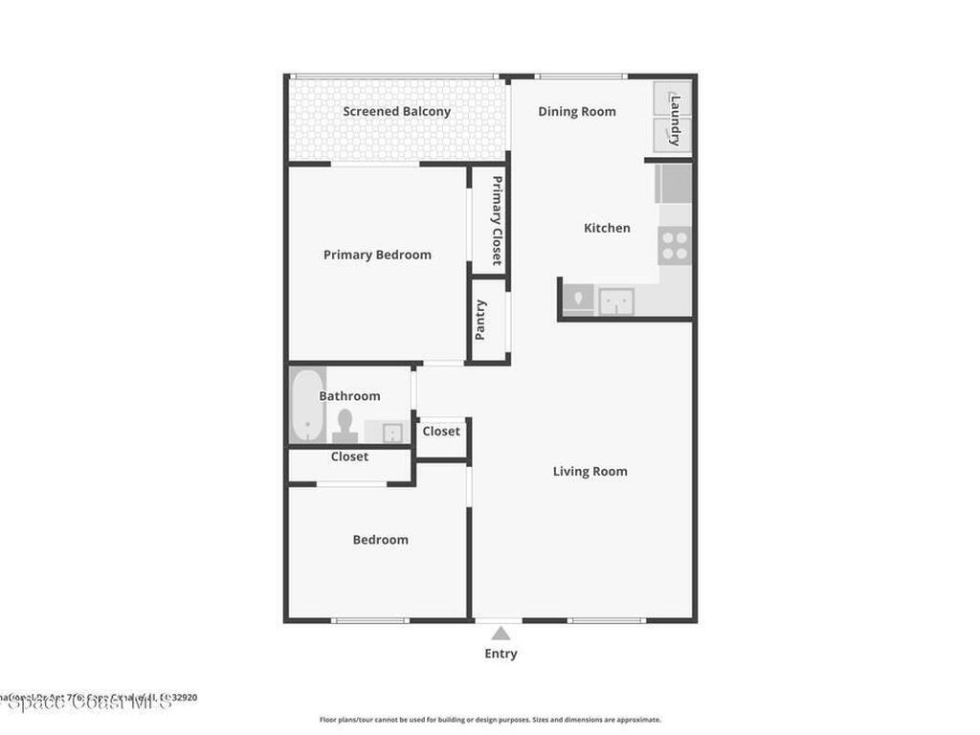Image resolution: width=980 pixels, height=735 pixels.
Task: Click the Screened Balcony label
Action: point(396,112)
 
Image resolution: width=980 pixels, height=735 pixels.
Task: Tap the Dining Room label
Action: point(576,112)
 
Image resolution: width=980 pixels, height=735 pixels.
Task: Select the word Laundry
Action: point(675,119)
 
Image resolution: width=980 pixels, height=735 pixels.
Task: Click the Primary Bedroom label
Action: point(377,255)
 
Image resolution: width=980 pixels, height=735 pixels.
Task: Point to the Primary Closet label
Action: point(497,220)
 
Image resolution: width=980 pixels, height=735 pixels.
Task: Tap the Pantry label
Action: point(480,320)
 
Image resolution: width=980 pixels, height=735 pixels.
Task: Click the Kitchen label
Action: point(607,228)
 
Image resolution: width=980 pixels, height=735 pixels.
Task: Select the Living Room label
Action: point(590,471)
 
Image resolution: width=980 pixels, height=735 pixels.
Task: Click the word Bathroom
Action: point(349,396)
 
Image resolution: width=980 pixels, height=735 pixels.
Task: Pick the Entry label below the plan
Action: point(501,654)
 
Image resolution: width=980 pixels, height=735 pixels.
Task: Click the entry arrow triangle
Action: point(501,633)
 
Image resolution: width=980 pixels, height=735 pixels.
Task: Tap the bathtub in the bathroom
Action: point(306,406)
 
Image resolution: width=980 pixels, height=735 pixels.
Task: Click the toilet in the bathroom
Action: point(345,425)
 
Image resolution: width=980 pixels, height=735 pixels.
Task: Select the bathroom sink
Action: point(390,432)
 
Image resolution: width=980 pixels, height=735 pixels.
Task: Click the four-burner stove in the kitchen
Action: point(674,246)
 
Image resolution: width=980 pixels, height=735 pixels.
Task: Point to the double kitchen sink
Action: point(616,301)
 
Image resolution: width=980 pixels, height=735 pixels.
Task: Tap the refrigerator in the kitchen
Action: point(673,183)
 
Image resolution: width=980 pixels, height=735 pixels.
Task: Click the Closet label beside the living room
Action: point(441,432)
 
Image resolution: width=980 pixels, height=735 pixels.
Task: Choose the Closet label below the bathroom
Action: point(349,457)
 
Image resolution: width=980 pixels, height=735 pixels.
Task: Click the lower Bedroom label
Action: point(380,540)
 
